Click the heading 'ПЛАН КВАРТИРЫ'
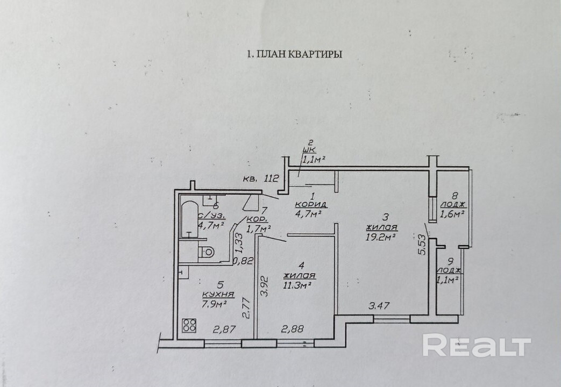[300, 54]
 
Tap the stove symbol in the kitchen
[189, 325]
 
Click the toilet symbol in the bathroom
[207, 252]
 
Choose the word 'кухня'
[218, 295]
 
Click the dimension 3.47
[379, 306]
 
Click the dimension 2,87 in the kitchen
[224, 329]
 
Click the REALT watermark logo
[477, 345]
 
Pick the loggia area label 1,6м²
[452, 214]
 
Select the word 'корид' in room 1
[310, 205]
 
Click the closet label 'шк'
[309, 150]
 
